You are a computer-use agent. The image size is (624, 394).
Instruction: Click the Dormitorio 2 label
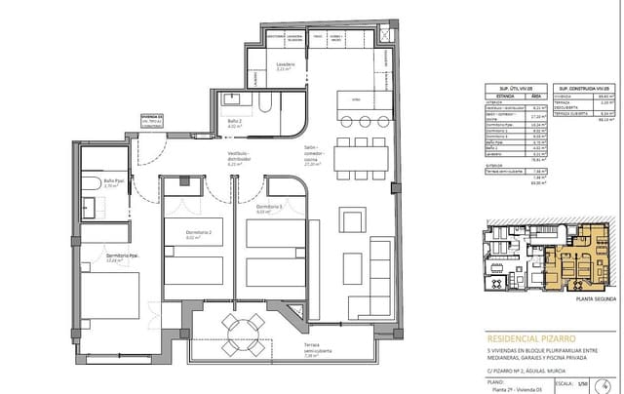[197, 234]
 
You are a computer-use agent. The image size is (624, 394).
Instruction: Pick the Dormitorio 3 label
[269, 208]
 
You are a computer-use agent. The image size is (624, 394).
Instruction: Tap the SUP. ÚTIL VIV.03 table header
[516, 88]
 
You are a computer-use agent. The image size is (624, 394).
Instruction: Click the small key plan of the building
[546, 257]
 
